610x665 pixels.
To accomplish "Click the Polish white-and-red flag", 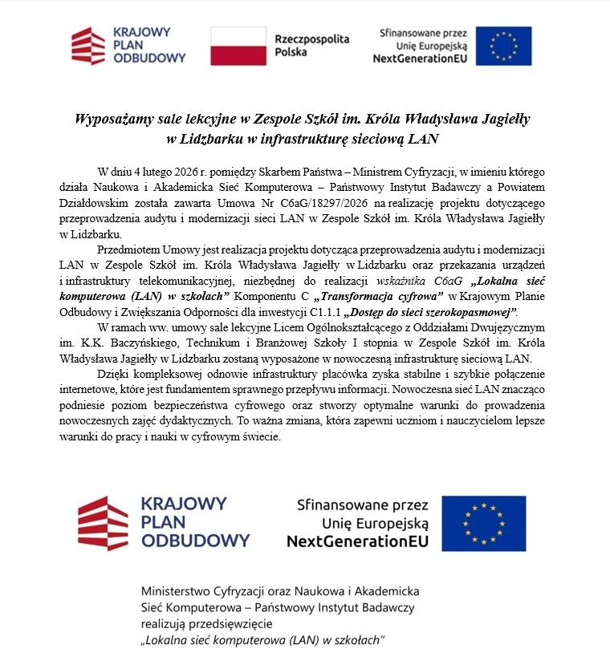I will [238, 46].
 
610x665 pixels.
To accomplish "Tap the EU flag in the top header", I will [503, 46].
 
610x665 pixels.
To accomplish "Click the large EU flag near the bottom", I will [483, 523].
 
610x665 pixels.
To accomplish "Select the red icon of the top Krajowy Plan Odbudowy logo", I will [87, 46].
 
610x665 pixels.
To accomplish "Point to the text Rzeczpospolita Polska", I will [301, 45].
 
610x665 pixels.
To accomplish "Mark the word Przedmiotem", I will [126, 249].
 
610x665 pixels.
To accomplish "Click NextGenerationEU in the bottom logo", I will [357, 541].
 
